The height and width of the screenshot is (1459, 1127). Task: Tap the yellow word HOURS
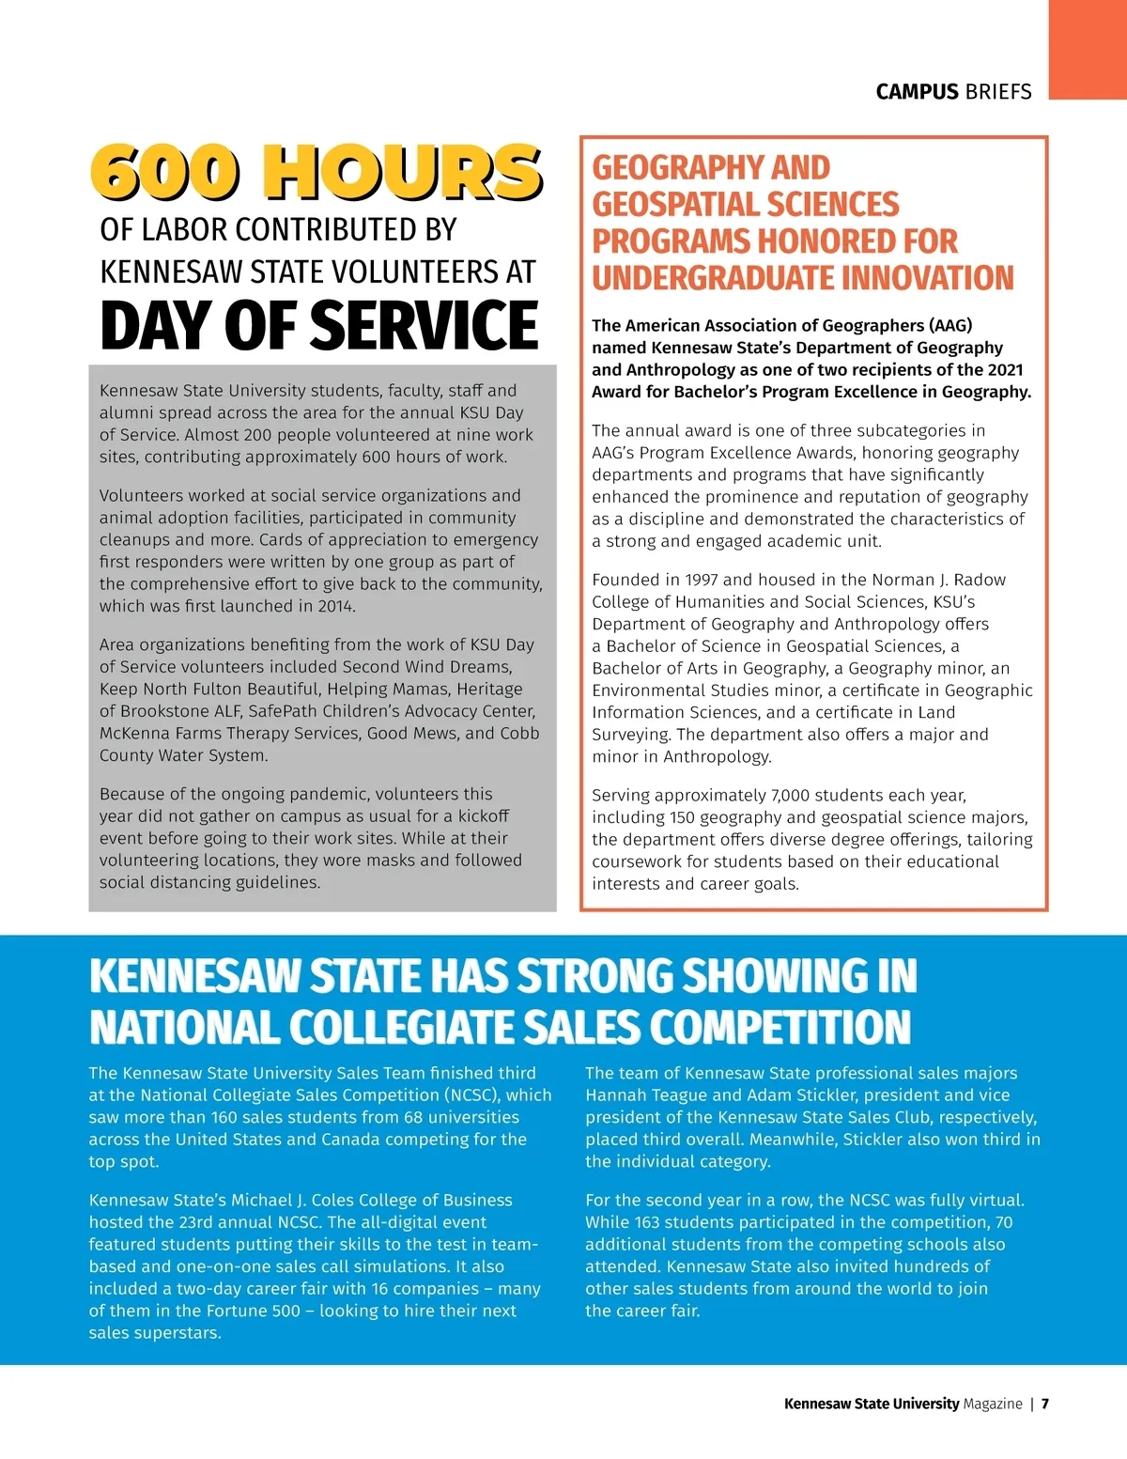(402, 172)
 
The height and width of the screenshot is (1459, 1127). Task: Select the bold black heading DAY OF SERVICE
(319, 325)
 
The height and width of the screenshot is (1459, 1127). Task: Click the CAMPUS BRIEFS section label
(953, 91)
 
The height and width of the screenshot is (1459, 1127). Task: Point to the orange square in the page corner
(1088, 49)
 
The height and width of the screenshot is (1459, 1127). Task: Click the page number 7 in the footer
(1045, 1404)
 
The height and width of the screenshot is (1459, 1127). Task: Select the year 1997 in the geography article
(702, 580)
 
